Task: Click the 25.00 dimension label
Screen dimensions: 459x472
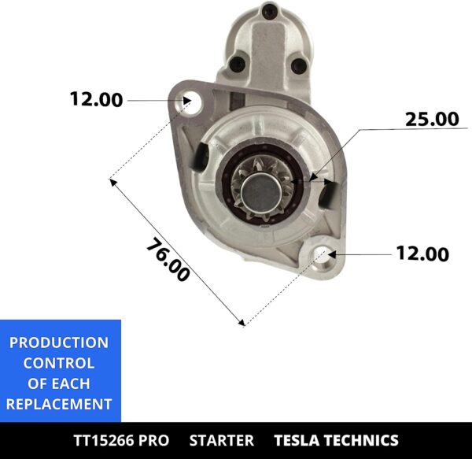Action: coord(431,120)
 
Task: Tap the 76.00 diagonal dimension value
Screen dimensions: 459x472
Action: coord(168,259)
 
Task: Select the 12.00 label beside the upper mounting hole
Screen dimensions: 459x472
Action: coord(96,100)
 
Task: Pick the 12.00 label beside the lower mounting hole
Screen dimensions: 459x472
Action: coord(422,254)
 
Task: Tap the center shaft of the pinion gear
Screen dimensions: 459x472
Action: coord(257,191)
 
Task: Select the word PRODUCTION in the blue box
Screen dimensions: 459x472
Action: coord(59,342)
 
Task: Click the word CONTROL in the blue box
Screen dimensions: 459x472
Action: coord(59,363)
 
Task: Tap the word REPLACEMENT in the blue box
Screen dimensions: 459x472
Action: coord(59,405)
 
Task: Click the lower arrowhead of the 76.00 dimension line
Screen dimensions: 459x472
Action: coord(242,321)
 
